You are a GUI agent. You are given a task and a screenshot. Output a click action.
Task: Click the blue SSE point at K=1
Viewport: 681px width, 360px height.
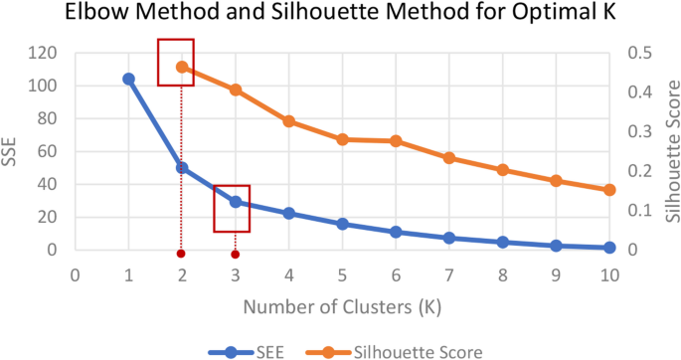coord(128,79)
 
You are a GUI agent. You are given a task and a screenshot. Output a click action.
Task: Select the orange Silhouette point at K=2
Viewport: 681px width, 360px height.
coord(182,67)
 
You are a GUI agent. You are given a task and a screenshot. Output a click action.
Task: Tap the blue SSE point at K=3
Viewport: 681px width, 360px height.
coord(236,202)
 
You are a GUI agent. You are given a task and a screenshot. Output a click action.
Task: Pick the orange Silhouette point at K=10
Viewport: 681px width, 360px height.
coord(609,190)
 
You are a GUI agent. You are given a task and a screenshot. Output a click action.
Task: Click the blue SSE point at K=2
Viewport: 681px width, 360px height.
coord(182,168)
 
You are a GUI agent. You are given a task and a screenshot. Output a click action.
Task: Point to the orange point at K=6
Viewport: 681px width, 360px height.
coord(396,141)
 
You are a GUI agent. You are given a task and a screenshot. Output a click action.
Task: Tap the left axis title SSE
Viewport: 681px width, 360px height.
coord(11,151)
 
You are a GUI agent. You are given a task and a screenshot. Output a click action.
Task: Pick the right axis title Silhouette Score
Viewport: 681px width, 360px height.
coord(671,151)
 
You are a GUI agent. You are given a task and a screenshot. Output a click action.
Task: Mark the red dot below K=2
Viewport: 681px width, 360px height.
coord(181,254)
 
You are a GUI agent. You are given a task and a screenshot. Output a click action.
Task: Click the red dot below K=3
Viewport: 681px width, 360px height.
coord(236,254)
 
